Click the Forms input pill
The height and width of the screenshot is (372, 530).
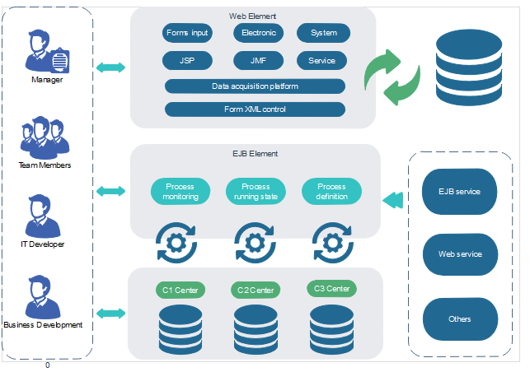tap(188, 33)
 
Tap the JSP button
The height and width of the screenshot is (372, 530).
tap(188, 61)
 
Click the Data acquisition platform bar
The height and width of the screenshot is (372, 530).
tap(255, 86)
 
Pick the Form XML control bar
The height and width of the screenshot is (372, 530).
tap(255, 109)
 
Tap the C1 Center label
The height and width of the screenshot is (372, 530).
tap(179, 290)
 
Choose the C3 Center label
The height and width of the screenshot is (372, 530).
tap(331, 289)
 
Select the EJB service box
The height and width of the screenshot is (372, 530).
tap(460, 192)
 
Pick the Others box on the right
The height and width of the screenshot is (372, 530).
tap(460, 319)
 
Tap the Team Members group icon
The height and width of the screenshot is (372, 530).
tap(44, 137)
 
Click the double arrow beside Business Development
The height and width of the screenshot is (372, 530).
tap(111, 314)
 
